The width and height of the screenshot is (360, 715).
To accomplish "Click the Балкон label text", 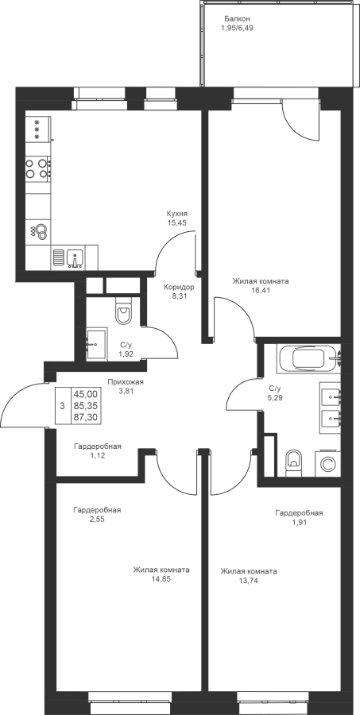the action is click(x=237, y=19).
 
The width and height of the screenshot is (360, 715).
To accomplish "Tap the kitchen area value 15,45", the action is click(x=178, y=222).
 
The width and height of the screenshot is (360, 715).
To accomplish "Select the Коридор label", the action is click(x=180, y=288).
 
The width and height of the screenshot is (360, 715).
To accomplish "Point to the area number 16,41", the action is click(x=261, y=289).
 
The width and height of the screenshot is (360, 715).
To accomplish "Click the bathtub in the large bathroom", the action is click(x=308, y=359).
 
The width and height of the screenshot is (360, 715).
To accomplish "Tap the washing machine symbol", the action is click(x=327, y=464).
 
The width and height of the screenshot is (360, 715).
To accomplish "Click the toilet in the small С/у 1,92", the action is click(x=123, y=311).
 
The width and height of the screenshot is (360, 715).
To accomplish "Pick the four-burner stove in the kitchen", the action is click(x=38, y=168).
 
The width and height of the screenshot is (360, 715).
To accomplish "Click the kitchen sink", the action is click(x=74, y=257).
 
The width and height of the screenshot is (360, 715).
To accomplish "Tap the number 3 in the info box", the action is click(x=62, y=406).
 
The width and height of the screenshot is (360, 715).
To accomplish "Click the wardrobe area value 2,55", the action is click(x=97, y=519).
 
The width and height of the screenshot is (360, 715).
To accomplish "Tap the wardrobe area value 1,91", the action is click(x=300, y=522).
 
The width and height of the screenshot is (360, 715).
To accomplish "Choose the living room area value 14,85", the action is click(x=161, y=579).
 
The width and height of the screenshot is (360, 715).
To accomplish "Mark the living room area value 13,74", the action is click(x=249, y=580).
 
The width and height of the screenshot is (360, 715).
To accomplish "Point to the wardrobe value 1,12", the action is click(x=98, y=455).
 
